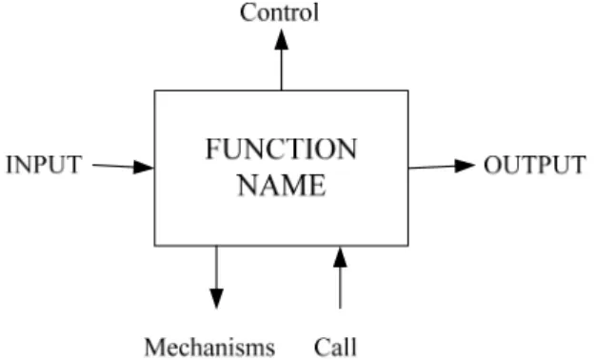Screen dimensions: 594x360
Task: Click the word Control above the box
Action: point(279,12)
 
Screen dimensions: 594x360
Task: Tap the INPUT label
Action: point(44,165)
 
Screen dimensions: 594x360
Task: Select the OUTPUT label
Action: point(535,165)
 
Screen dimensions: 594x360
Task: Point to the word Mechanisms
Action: point(209,347)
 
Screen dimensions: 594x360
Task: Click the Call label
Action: point(335,347)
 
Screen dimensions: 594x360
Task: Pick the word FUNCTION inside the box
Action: point(281,149)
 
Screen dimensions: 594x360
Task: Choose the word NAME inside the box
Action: point(282,185)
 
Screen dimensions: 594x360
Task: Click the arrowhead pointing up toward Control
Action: point(282,39)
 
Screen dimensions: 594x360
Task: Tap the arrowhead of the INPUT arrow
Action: point(144,167)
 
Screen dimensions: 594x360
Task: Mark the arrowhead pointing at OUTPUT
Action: point(465,166)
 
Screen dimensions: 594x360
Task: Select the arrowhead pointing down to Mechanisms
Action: point(216,299)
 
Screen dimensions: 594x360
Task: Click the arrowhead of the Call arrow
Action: point(340,257)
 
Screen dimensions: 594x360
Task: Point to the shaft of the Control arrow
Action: point(282,70)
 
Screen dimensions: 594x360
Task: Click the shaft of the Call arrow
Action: point(340,288)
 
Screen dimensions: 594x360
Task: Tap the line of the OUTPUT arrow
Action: point(432,167)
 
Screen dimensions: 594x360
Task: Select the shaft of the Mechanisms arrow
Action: point(216,268)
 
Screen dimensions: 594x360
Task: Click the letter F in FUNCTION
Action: point(212,149)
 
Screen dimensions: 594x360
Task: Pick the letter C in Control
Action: point(247,12)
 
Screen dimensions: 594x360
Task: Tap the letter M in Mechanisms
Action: point(156,347)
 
